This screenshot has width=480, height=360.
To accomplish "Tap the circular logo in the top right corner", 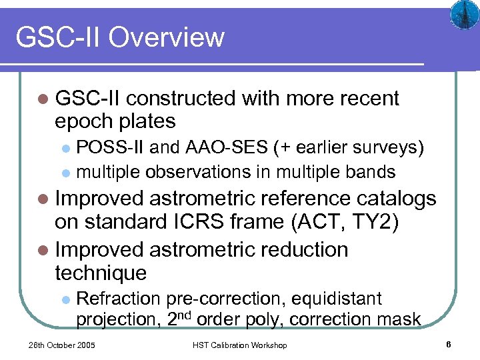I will pos(461,14).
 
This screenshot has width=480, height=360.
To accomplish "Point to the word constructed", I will pos(181,99).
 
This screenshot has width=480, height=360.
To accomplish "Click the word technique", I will pos(101,273).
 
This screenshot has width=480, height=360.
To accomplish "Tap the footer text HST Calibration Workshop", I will pos(239,345).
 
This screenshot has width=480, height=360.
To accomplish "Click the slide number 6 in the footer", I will pos(449,345).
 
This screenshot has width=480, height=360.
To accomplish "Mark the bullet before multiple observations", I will pos(65,173).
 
